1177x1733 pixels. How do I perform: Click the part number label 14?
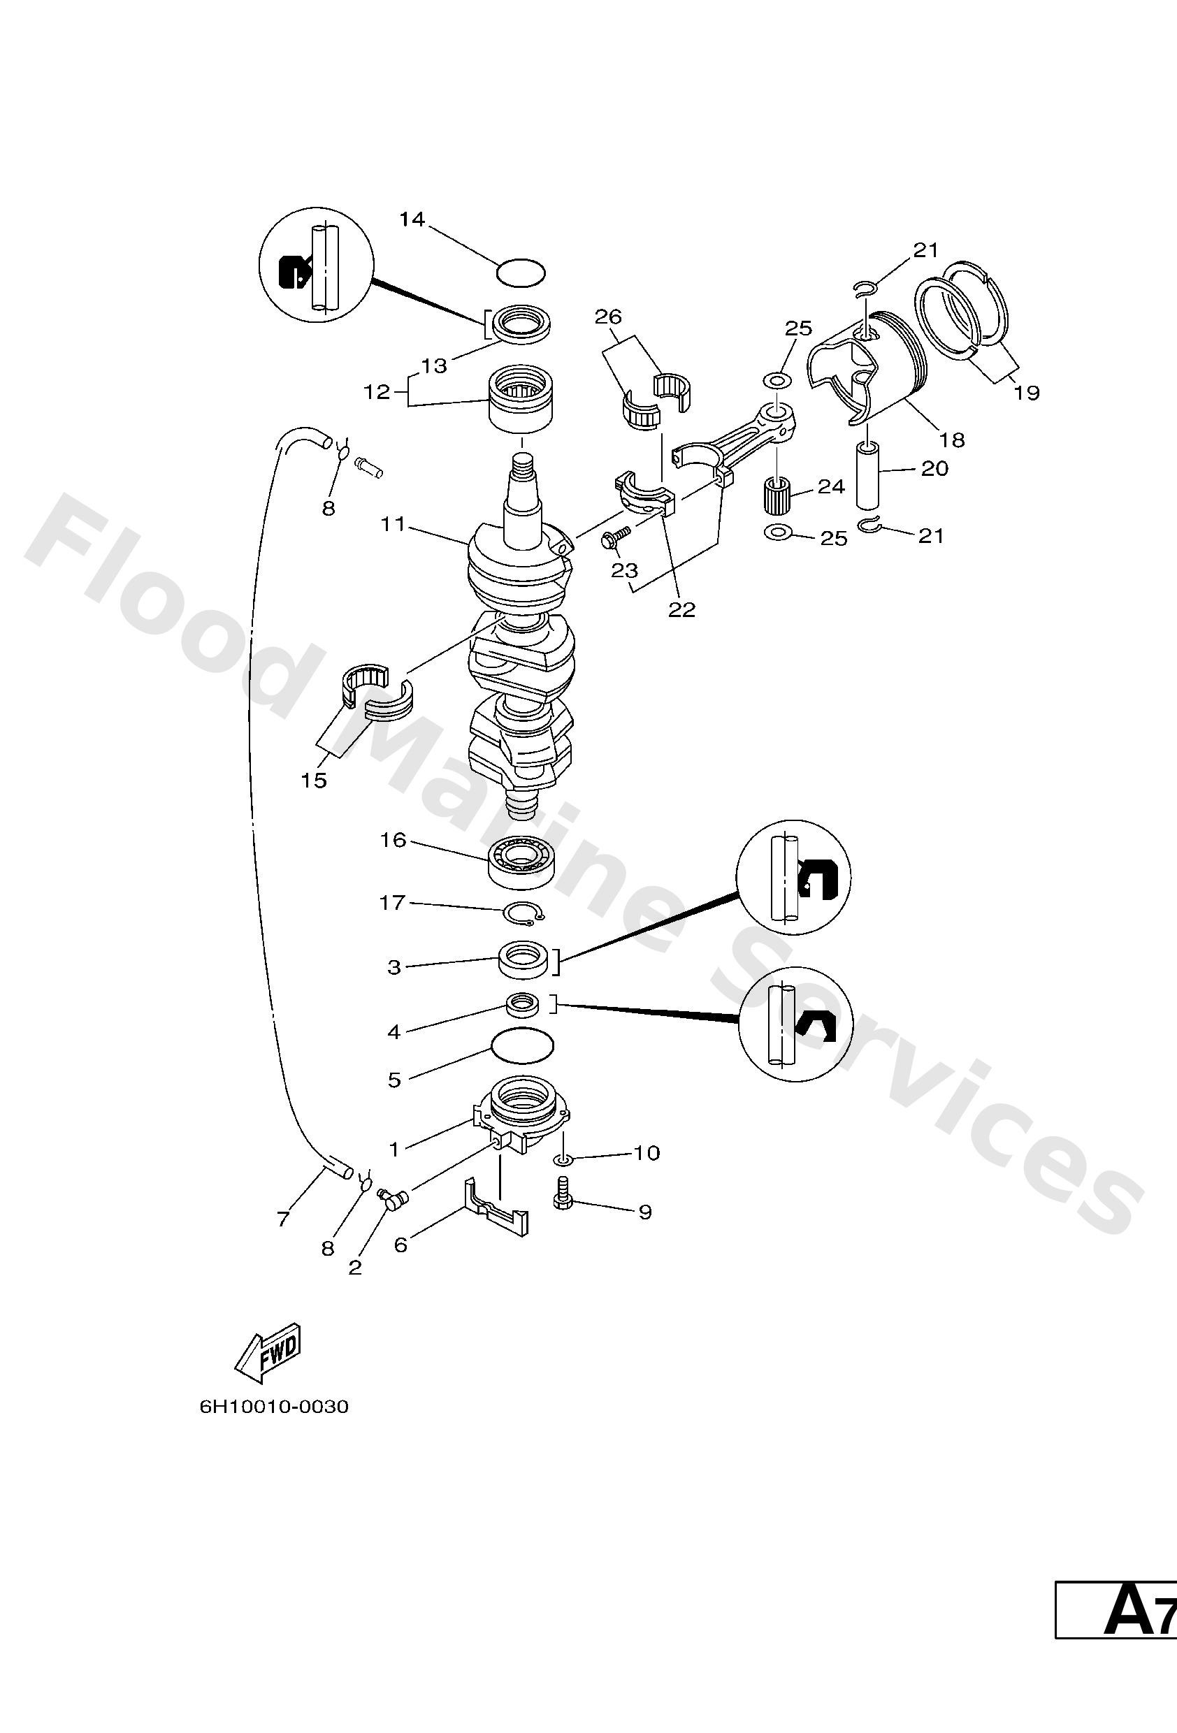pyautogui.click(x=411, y=219)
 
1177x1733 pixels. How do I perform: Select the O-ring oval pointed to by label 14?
pyautogui.click(x=521, y=273)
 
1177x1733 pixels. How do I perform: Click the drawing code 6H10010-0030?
pyautogui.click(x=274, y=1407)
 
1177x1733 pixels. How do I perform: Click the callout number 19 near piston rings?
pyautogui.click(x=1026, y=392)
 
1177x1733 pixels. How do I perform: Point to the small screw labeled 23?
pyautogui.click(x=618, y=535)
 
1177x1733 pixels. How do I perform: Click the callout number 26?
pyautogui.click(x=608, y=317)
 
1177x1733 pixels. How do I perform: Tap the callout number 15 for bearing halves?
pyautogui.click(x=314, y=780)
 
